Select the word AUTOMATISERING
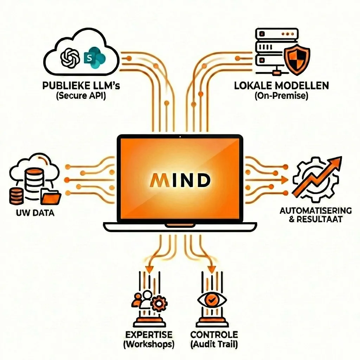(x=315, y=211)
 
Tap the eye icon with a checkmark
(x=212, y=300)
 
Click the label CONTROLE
(x=214, y=334)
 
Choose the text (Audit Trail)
(x=214, y=345)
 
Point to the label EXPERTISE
(x=149, y=334)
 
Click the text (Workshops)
(x=149, y=345)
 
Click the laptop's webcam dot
(x=180, y=136)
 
